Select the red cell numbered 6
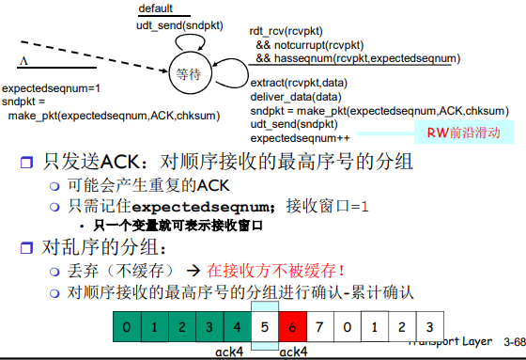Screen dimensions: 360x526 tap(293, 327)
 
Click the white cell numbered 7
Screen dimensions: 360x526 tap(320, 327)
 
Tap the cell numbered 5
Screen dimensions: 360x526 tap(265, 327)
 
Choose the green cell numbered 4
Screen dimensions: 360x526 tap(238, 327)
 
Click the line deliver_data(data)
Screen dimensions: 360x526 tap(296, 96)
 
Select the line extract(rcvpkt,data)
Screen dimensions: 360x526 tap(298, 83)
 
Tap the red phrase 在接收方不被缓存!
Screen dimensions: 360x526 tap(283, 270)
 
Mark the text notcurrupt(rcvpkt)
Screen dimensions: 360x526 tap(319, 45)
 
